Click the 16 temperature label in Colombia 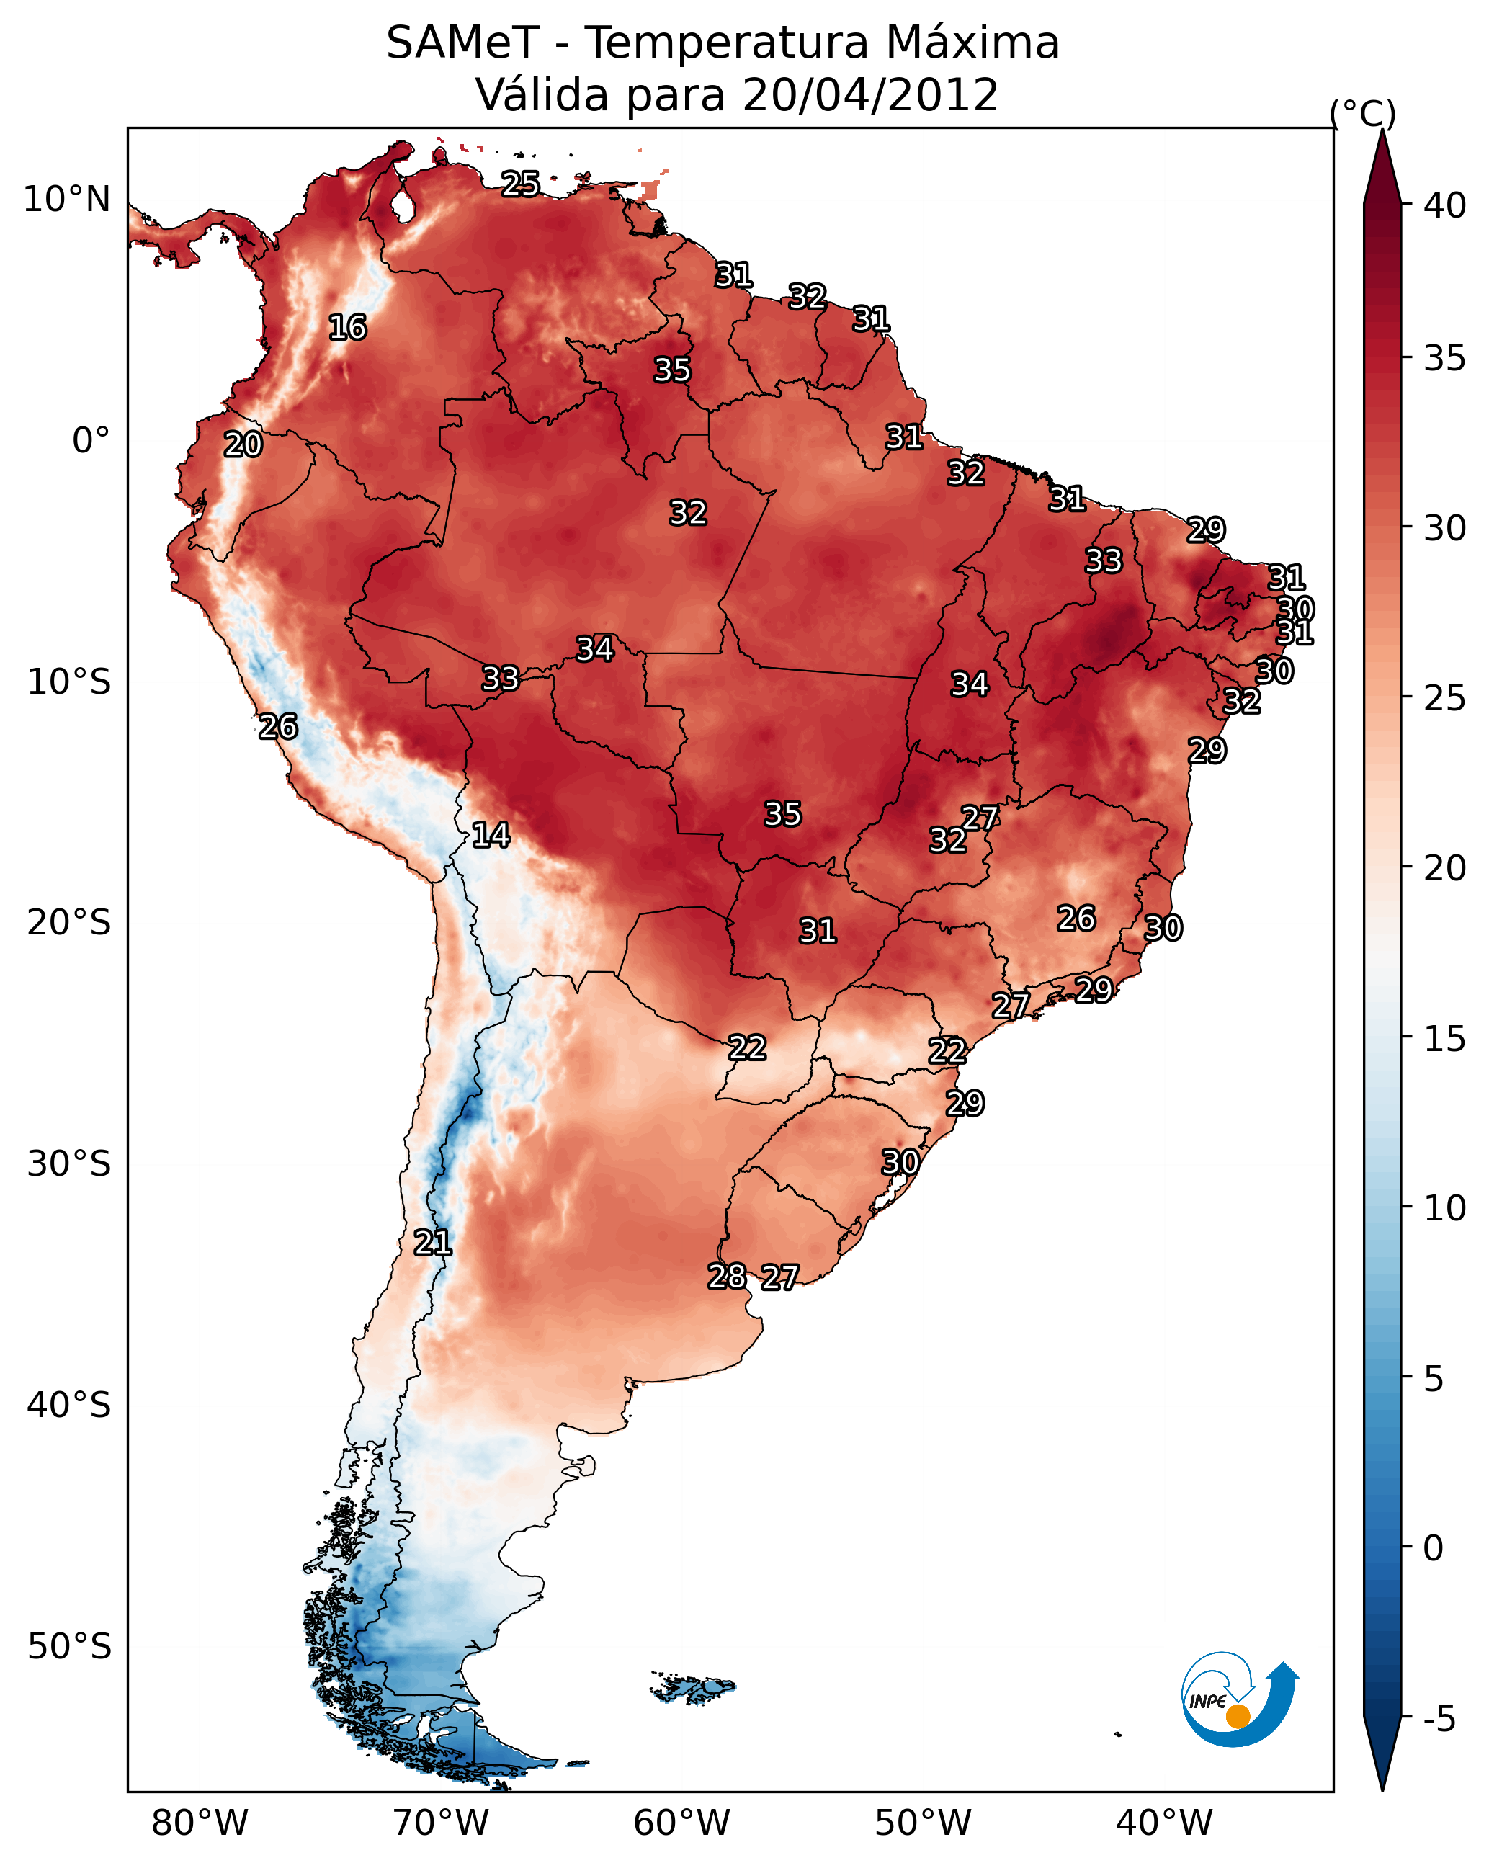347,328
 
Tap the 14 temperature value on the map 491,835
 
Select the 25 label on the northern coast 521,183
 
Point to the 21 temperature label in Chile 433,1243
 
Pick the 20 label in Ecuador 243,444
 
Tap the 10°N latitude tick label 66,200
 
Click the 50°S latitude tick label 69,1647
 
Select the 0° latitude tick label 91,441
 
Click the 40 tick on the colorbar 1445,205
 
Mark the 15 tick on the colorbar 1445,1039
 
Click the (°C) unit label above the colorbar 1363,113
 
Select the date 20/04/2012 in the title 870,94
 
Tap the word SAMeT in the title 463,43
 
